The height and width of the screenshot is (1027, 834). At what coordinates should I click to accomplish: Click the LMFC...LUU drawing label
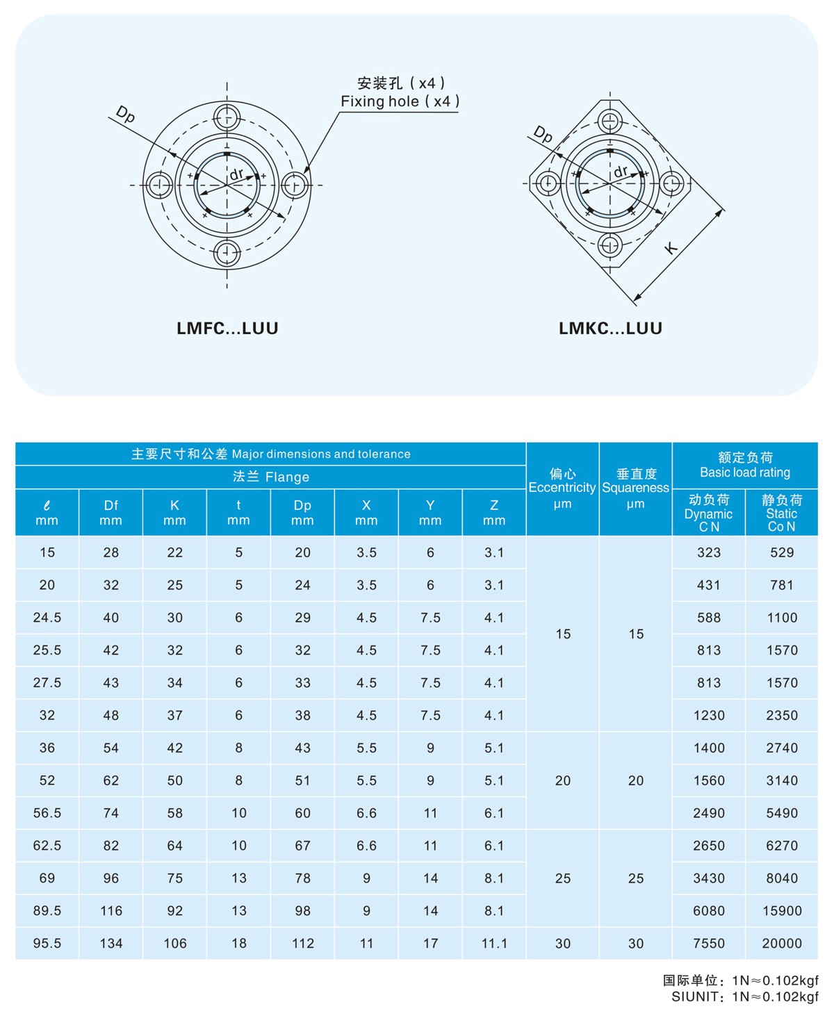coord(227,328)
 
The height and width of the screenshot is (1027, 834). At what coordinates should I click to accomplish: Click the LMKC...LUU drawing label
coord(610,328)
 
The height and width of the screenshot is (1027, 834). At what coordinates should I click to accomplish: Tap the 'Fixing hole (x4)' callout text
coord(400,101)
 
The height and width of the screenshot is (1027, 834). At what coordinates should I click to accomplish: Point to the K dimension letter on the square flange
coord(671,247)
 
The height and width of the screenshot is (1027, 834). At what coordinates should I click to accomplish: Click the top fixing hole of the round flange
coord(227,117)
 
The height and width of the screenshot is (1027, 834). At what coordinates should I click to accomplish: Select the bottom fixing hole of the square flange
coord(610,245)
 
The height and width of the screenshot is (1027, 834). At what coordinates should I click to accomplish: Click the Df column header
coord(111,513)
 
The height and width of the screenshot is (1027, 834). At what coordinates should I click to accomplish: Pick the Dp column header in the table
coord(302,513)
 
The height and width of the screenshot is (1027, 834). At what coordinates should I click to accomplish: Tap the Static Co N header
coord(781,513)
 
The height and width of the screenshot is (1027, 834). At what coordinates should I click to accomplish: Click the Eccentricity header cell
coord(562,488)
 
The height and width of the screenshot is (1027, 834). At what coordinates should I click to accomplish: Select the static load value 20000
coord(782,944)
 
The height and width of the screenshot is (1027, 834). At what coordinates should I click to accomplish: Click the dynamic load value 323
coord(709,552)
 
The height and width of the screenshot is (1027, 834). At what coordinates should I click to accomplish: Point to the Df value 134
coord(111,944)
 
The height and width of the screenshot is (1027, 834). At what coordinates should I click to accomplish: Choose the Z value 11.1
coord(494,944)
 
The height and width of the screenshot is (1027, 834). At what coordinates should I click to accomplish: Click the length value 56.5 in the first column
coord(47,813)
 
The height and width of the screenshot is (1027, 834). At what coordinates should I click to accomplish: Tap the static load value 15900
coord(782,911)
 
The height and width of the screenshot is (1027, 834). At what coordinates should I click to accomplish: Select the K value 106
coord(175,944)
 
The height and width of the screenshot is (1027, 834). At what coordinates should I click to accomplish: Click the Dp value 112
coord(303,944)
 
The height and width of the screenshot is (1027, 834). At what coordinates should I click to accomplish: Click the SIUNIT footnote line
coord(744,997)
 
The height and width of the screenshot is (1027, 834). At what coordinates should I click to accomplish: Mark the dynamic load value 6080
coord(709,911)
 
